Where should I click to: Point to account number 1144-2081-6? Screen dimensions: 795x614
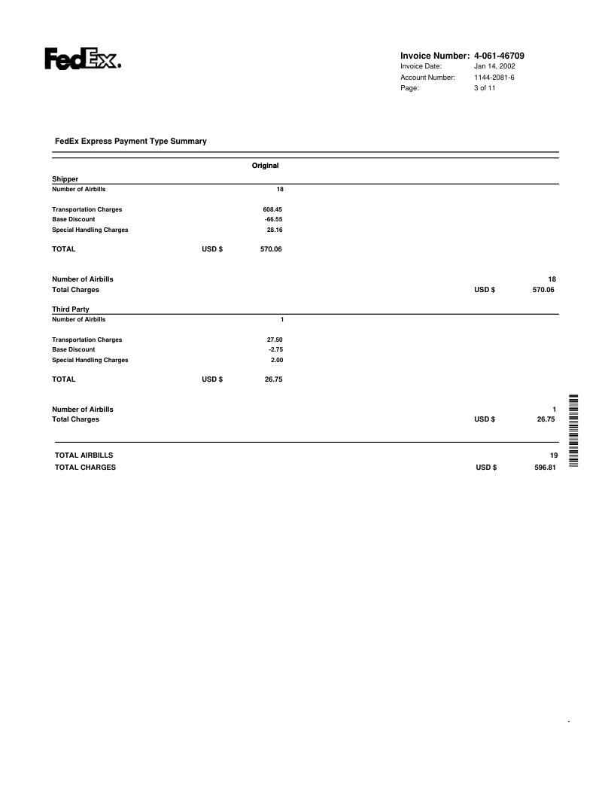pos(494,78)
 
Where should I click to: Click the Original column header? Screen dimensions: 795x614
pos(265,165)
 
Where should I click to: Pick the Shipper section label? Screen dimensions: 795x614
pos(65,179)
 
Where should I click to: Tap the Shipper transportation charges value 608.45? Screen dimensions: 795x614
pos(272,209)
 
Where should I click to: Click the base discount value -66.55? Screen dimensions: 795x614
pos(273,219)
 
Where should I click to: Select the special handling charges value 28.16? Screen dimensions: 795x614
pos(274,230)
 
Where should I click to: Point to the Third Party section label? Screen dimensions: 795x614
pos(70,309)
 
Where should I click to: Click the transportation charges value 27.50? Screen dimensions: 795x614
pos(274,340)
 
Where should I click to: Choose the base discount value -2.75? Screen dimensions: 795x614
pos(275,349)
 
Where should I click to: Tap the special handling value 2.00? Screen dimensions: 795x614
pos(276,360)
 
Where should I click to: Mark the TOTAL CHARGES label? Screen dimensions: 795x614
pos(86,468)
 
